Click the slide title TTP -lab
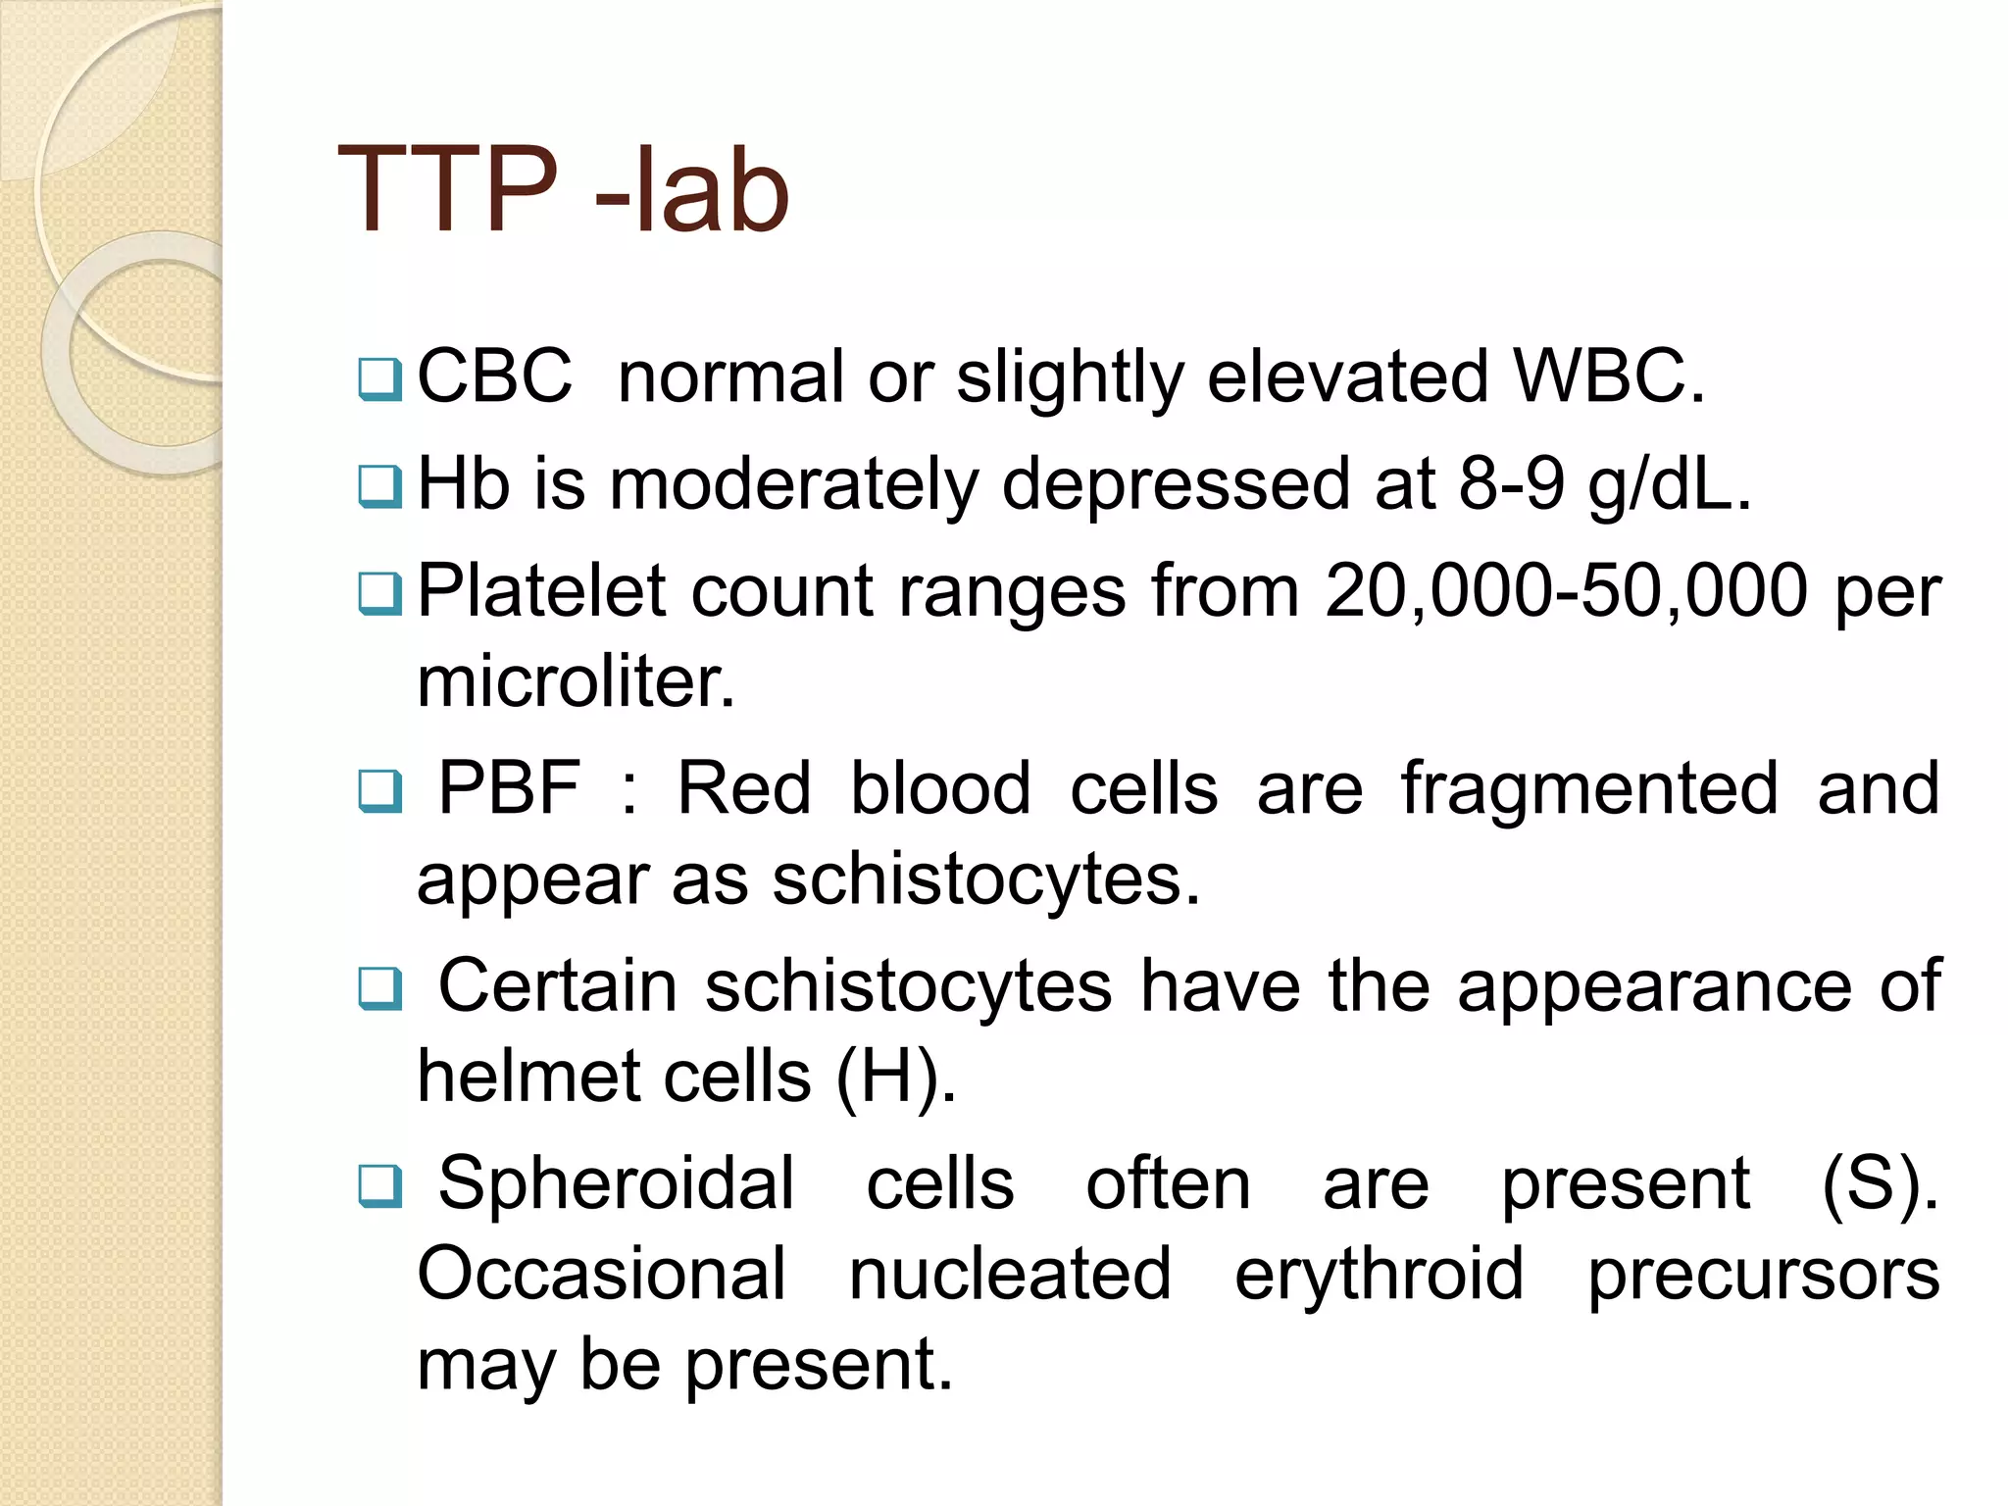563,190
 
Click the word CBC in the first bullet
494,376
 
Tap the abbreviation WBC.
1608,376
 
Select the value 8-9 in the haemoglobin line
1511,484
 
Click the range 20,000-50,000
1566,591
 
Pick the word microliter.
576,682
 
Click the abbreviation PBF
509,788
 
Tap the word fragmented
1589,788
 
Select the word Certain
557,985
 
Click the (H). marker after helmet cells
895,1077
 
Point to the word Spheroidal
616,1183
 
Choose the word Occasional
601,1274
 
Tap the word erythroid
1379,1274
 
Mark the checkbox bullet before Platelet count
380,593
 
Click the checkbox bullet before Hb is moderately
380,486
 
